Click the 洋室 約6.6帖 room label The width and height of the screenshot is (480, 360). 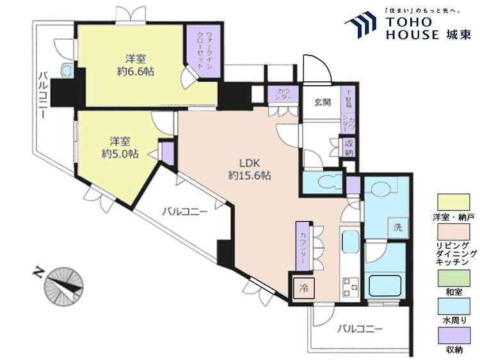tap(135, 65)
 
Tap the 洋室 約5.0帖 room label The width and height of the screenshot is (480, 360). tap(120, 148)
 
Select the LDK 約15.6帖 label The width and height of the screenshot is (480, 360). tap(250, 169)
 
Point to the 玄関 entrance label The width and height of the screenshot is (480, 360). tap(323, 102)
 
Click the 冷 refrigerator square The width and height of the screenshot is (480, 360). tap(303, 288)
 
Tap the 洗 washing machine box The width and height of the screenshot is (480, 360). tap(397, 228)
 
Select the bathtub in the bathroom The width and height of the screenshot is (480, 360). tap(385, 285)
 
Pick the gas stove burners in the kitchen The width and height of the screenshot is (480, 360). tap(350, 286)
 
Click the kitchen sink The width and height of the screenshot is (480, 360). tap(349, 242)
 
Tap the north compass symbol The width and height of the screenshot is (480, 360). tap(63, 286)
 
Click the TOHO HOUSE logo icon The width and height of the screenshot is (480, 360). tap(360, 24)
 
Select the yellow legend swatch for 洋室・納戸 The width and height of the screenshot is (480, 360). tap(454, 203)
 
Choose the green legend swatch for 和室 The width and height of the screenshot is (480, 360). tap(454, 278)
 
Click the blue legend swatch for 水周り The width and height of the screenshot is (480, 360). tap(454, 306)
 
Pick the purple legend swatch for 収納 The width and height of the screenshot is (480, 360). tap(454, 336)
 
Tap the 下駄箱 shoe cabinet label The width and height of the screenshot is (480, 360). tap(348, 98)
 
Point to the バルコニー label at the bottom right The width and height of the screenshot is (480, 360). tap(360, 329)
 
